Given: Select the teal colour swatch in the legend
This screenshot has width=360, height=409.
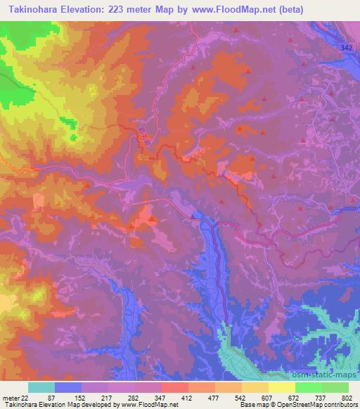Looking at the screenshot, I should [41, 387].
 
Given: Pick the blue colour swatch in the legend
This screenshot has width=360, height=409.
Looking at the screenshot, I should [68, 387].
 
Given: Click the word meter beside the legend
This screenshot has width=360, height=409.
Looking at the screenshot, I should [10, 398].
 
